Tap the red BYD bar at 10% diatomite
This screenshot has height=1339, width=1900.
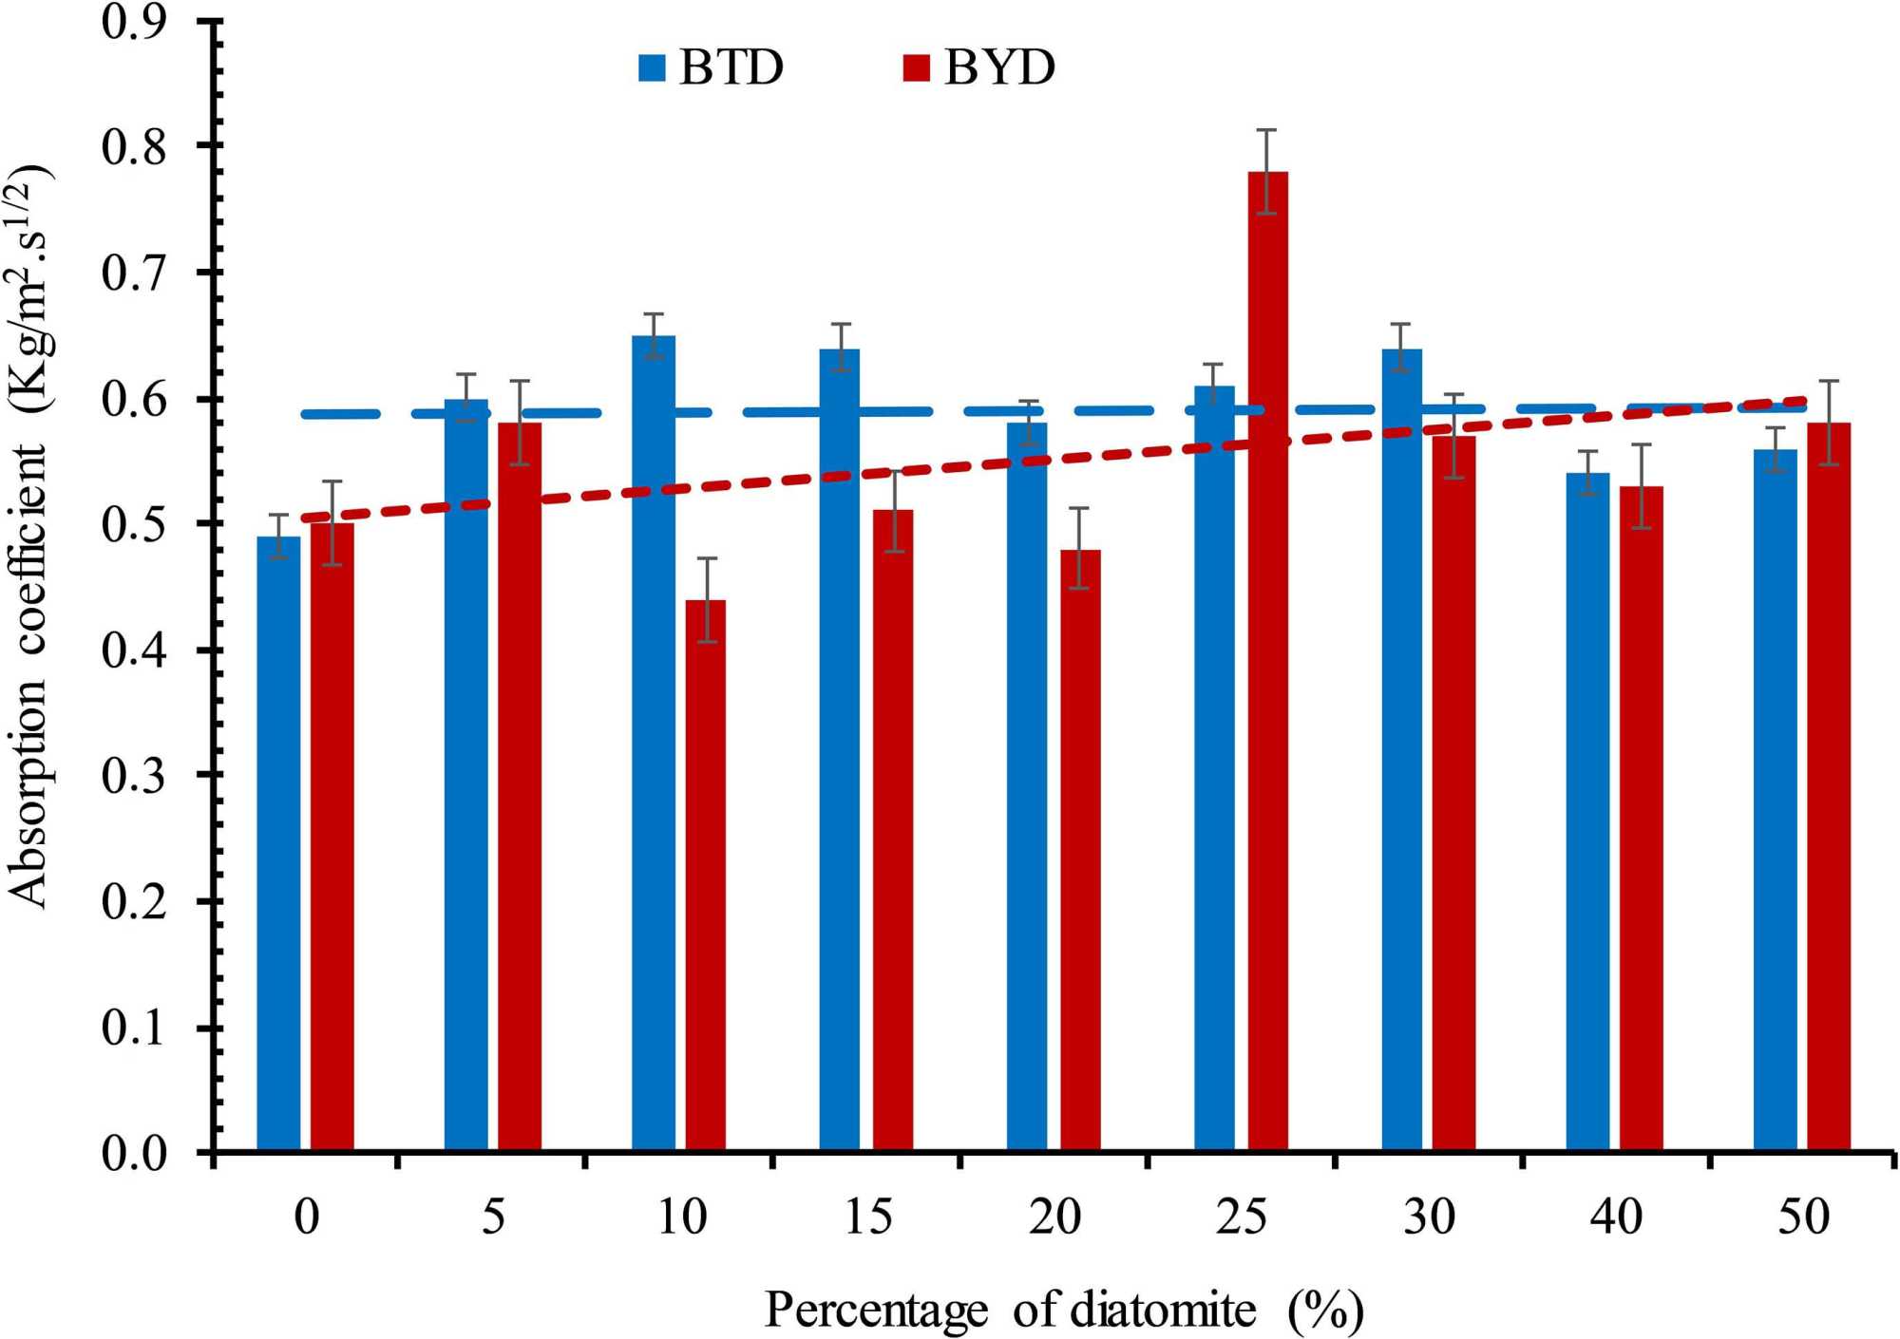click(705, 875)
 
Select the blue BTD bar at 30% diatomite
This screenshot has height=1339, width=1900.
click(1402, 749)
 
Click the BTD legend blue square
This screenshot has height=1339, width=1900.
click(652, 68)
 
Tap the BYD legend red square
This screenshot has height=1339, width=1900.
click(916, 68)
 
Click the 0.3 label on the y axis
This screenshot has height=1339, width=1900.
click(134, 776)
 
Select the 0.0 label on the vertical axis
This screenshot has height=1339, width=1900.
click(134, 1154)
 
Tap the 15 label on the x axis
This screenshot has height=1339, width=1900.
click(868, 1217)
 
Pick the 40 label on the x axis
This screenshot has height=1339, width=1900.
click(1615, 1217)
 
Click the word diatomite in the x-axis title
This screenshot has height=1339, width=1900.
click(1163, 1311)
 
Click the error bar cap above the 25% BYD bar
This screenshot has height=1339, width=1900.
click(1266, 130)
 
